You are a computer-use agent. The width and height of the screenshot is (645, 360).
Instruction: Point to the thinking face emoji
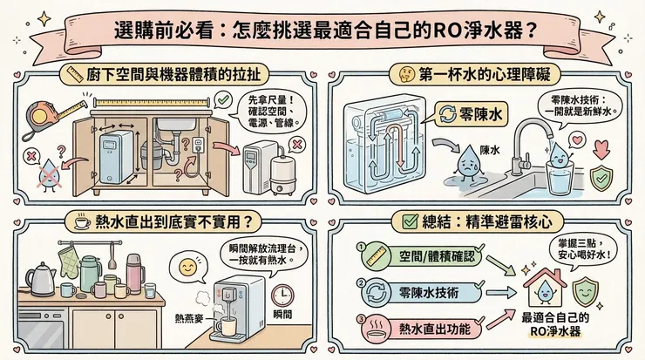(404, 72)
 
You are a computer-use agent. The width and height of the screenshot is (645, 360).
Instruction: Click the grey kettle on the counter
(41, 278)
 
